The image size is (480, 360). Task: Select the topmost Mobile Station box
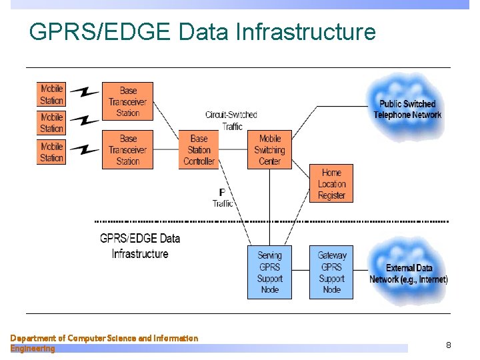coord(51,94)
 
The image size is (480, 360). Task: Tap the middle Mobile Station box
coord(51,123)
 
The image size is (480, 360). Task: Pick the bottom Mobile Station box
coord(51,152)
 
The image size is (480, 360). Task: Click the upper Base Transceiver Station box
coord(127,101)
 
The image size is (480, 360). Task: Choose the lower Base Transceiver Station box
coord(127,149)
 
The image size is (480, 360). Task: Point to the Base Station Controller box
coord(199,149)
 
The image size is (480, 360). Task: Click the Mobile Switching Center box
coord(269,149)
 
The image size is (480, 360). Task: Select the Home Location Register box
coord(331,184)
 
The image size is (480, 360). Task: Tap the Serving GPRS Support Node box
coord(269,272)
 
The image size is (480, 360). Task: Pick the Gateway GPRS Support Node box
coord(331,272)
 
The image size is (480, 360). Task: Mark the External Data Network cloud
coord(408,273)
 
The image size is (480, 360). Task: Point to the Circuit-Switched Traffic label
coord(231,121)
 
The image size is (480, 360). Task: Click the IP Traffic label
coord(222,198)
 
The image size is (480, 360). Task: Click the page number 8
coord(448,345)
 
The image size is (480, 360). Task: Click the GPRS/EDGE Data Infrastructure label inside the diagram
coord(140,245)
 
